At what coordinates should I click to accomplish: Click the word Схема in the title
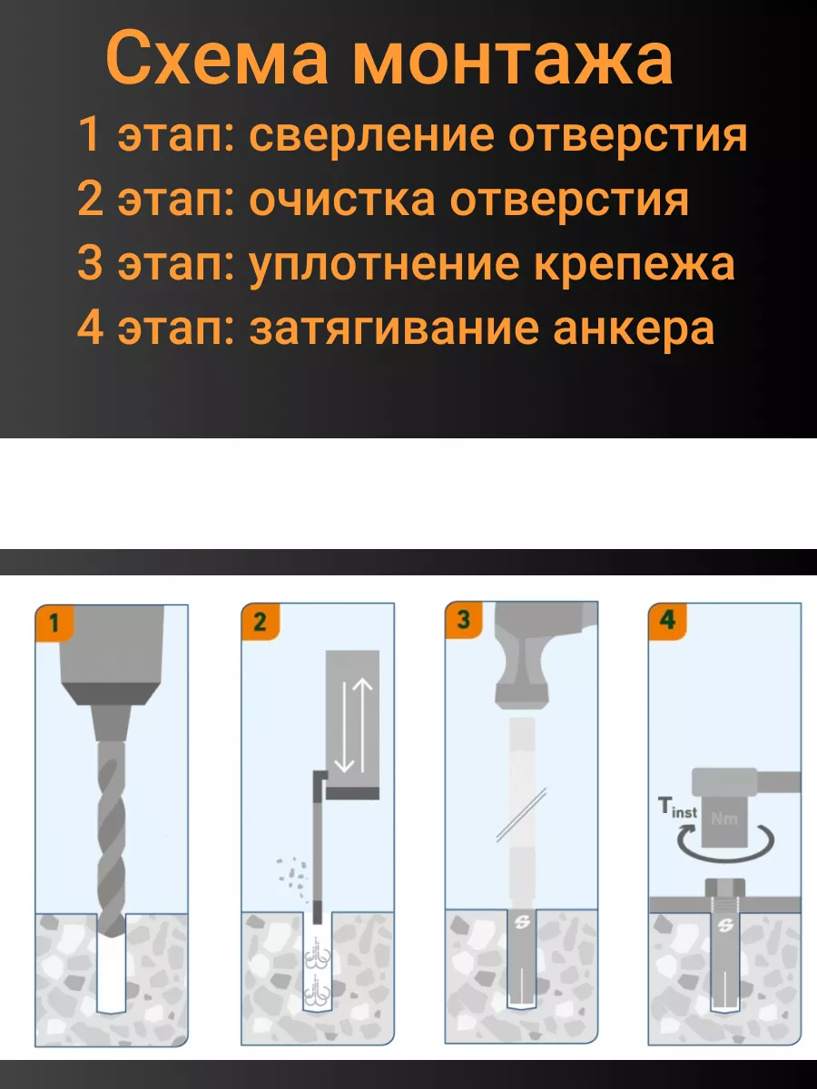[x=217, y=60]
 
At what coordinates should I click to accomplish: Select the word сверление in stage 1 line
[x=371, y=135]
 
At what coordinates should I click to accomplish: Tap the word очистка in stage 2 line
[x=342, y=200]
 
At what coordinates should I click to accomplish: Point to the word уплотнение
[x=384, y=265]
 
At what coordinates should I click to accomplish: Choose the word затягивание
[x=394, y=329]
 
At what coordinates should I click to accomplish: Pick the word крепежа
[x=635, y=265]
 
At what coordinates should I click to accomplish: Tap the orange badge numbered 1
[x=54, y=623]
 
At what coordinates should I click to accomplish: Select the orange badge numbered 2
[x=260, y=622]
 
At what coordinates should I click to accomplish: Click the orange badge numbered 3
[x=463, y=620]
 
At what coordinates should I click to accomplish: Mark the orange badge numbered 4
[x=667, y=621]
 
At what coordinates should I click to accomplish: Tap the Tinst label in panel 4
[x=677, y=807]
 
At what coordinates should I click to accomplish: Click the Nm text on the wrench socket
[x=724, y=819]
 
